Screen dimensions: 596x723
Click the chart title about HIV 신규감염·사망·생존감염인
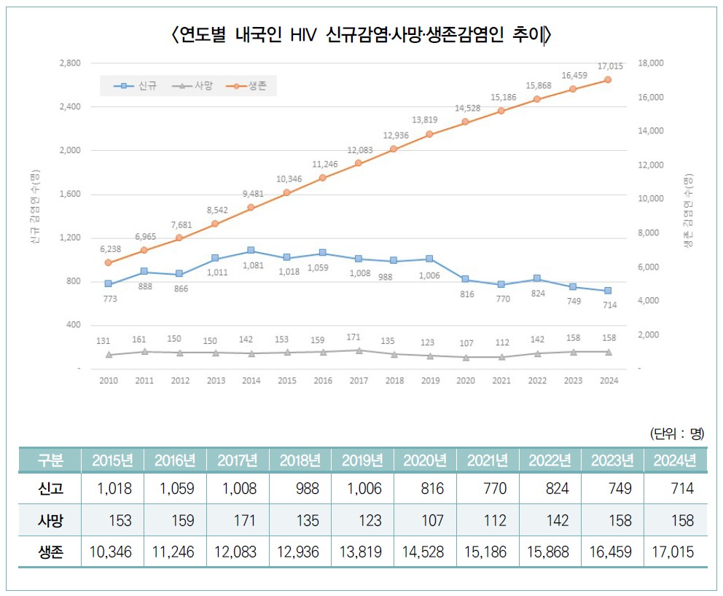361,34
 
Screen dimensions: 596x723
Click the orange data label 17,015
609,66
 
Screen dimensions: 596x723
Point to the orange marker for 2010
109,262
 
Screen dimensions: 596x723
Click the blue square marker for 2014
251,251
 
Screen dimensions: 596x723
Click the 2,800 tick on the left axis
70,63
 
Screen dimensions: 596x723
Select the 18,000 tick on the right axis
650,63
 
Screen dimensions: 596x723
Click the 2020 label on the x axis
466,381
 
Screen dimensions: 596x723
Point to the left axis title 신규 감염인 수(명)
35,208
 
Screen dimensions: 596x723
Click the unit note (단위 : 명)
676,434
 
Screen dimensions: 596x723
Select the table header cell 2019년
362,460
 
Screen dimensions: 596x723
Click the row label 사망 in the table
50,521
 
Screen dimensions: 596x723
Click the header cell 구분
50,460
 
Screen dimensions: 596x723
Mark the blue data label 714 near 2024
609,305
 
